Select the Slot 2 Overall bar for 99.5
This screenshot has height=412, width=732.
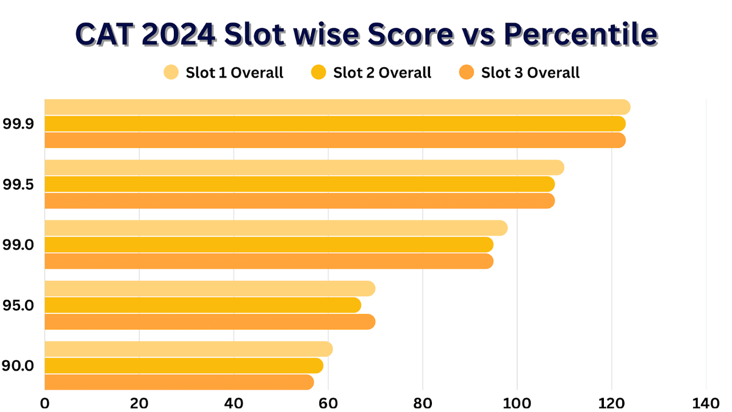click(299, 184)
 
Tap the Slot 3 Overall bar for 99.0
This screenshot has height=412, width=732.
click(268, 261)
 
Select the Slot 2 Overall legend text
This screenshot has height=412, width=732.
click(382, 73)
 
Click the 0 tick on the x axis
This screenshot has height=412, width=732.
click(45, 403)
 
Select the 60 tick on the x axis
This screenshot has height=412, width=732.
click(328, 403)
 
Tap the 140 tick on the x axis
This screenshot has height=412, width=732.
click(706, 403)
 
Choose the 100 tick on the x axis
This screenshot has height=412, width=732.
click(517, 403)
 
